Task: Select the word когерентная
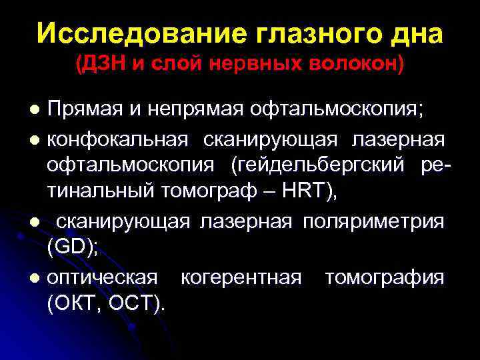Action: tap(241, 277)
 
